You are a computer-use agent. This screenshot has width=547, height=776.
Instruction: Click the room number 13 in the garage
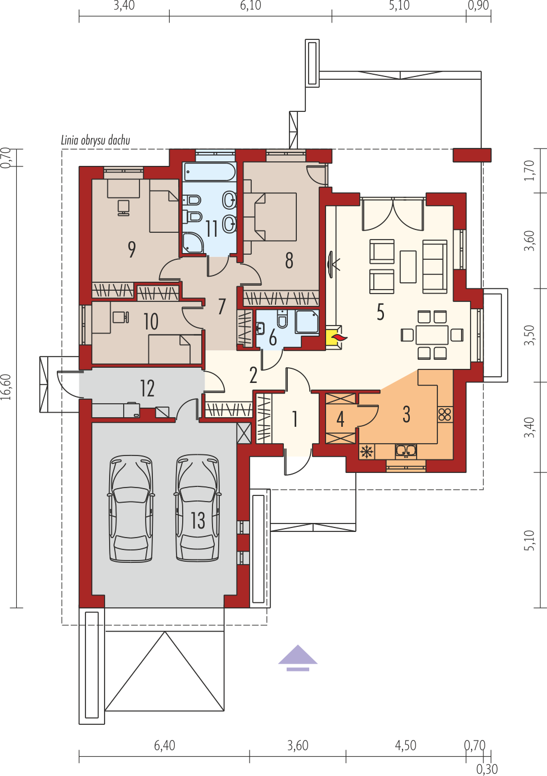click(198, 520)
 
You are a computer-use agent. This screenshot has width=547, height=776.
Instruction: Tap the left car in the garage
click(132, 508)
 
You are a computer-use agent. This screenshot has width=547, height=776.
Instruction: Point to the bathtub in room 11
click(210, 172)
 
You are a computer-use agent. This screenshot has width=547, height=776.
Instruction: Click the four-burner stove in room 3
click(445, 414)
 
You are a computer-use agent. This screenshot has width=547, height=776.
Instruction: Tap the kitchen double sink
click(406, 451)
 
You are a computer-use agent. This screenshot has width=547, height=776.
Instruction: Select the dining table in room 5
click(432, 335)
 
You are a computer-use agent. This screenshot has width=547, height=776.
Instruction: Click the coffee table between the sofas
click(408, 267)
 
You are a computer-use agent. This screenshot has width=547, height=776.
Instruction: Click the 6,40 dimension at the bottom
click(165, 745)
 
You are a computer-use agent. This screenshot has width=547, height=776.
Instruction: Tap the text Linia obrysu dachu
click(96, 141)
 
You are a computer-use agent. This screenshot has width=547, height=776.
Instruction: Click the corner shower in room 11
click(194, 243)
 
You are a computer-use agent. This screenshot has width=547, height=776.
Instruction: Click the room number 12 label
click(147, 389)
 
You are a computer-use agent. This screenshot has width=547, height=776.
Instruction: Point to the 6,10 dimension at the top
click(251, 6)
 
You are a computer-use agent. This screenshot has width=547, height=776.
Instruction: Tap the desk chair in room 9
click(123, 207)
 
